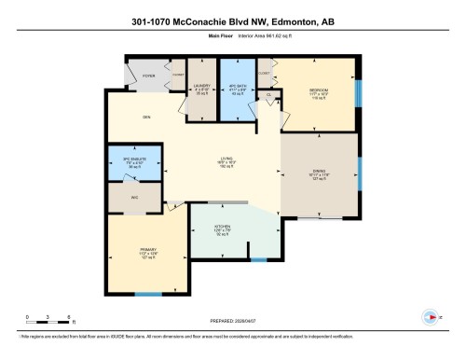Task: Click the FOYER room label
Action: pos(147,77)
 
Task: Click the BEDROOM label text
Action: pos(320,90)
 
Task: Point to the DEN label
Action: pos(146,117)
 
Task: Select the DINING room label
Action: pos(319,171)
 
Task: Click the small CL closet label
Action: pos(268,94)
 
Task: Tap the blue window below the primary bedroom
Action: pos(147,295)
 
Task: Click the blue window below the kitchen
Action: pos(259,257)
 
